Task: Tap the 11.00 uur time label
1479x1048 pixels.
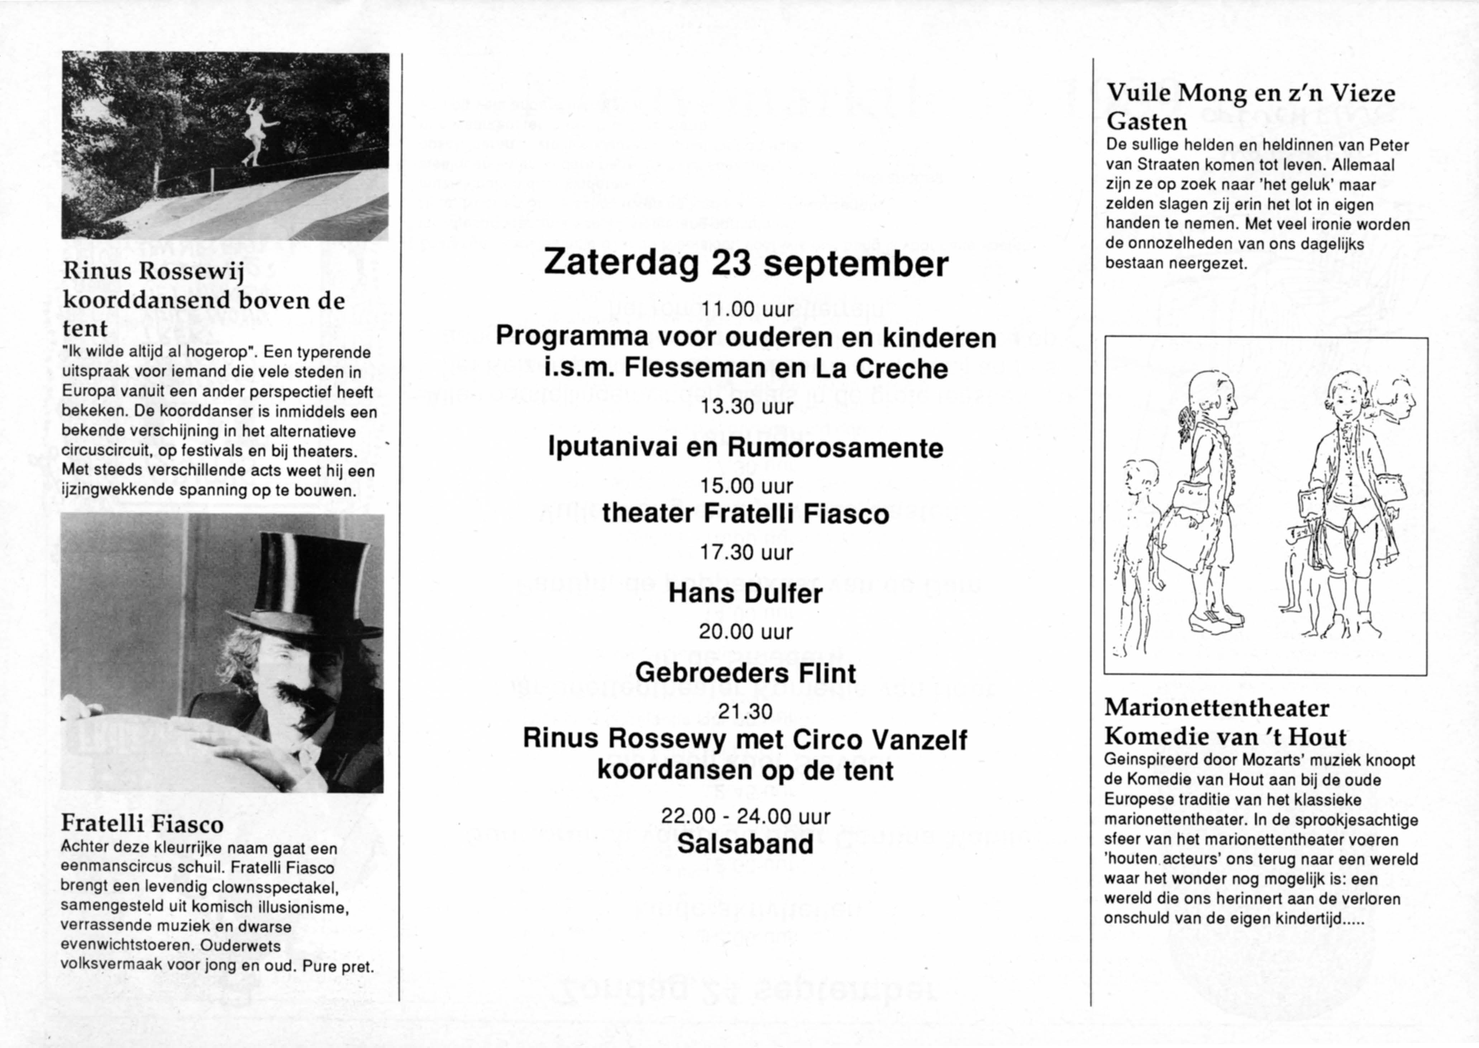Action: (746, 310)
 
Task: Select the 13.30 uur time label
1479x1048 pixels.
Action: (746, 407)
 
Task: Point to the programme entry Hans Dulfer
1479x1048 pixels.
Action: (746, 593)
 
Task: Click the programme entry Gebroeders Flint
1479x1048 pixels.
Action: (746, 673)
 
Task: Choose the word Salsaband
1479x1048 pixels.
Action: (746, 844)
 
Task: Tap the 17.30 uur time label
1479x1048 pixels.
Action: (746, 552)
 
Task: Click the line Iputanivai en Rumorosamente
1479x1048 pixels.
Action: (746, 448)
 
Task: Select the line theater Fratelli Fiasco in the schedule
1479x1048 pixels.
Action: (746, 514)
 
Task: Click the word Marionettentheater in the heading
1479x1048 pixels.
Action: (1217, 708)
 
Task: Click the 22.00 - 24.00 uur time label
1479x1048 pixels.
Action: (746, 816)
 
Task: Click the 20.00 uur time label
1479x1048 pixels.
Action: (746, 632)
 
